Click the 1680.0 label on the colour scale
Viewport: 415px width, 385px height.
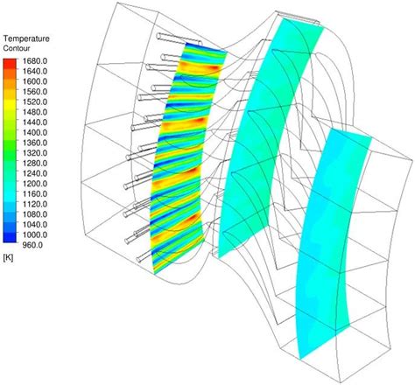(35, 61)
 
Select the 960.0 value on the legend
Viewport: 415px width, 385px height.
(32, 245)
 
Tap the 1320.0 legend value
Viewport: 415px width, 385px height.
(35, 153)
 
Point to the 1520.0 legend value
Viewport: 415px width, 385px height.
(35, 102)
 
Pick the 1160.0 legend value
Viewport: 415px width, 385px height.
(35, 194)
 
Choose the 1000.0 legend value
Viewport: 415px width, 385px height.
(35, 234)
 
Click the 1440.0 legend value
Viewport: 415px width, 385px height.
(35, 122)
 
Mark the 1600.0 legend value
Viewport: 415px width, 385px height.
(35, 81)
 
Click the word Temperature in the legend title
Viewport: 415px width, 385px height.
(26, 38)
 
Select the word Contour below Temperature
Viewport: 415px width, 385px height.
(17, 48)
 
